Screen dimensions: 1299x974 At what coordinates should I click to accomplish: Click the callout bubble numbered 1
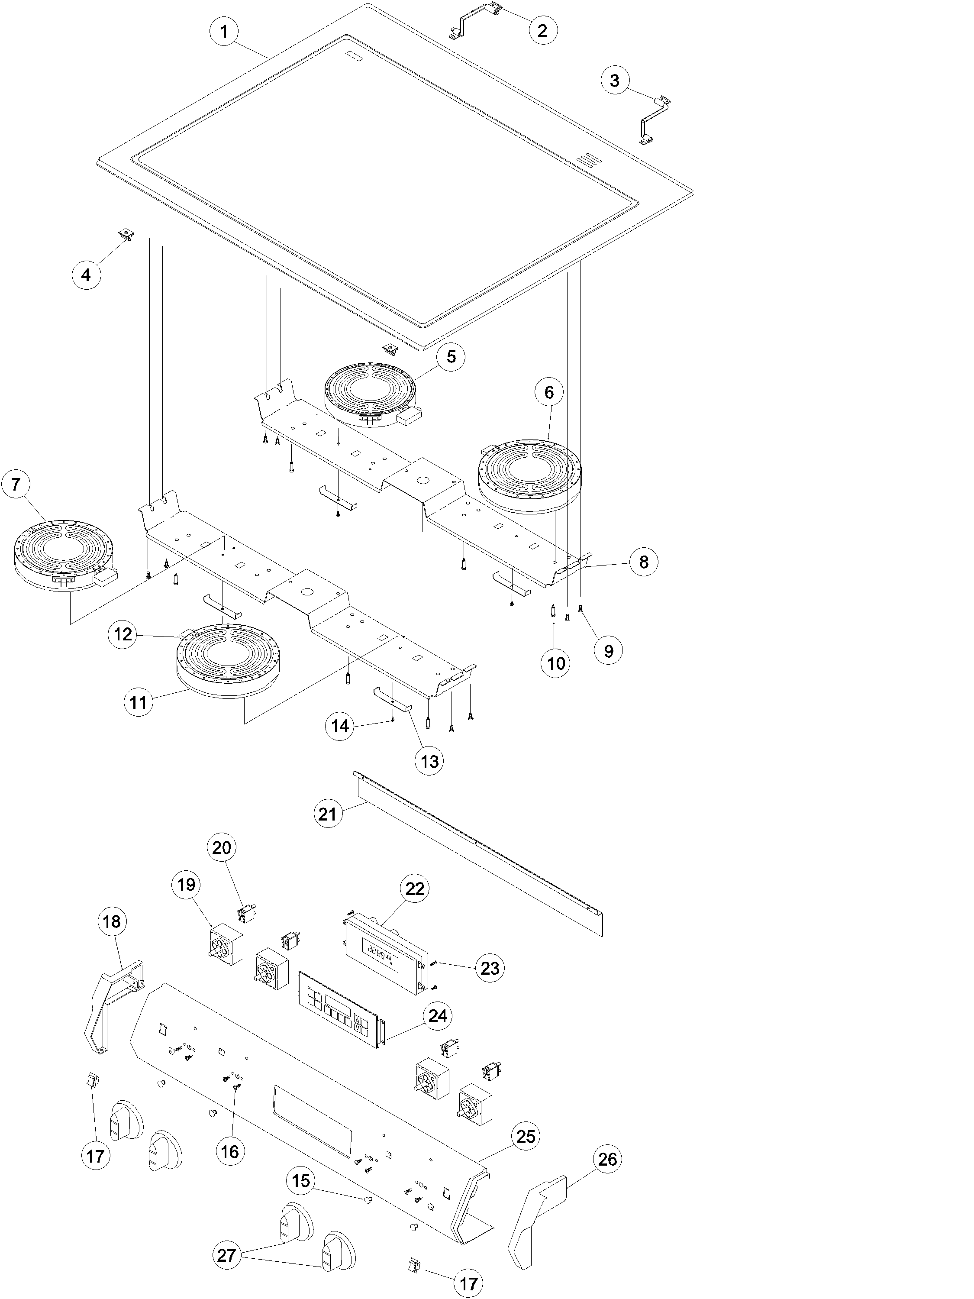click(224, 32)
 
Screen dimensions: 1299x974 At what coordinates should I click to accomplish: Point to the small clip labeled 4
click(125, 235)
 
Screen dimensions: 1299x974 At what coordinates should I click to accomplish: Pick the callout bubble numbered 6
click(549, 392)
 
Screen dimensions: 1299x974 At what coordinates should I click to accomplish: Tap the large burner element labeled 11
click(228, 658)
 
